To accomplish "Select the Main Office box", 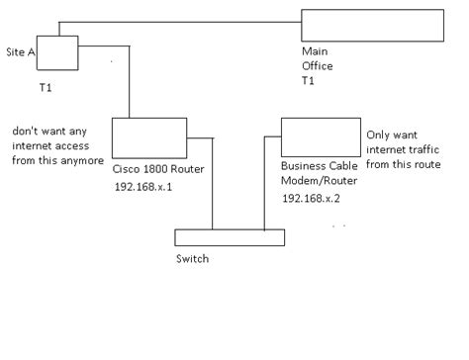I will pos(371,25).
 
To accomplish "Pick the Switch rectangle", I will pos(230,237).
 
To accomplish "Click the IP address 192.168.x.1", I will pos(144,187).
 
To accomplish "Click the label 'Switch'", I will pos(192,259).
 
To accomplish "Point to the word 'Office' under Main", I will pos(318,66).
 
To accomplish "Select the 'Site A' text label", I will pos(22,48).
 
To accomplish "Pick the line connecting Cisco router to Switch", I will pos(213,183).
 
